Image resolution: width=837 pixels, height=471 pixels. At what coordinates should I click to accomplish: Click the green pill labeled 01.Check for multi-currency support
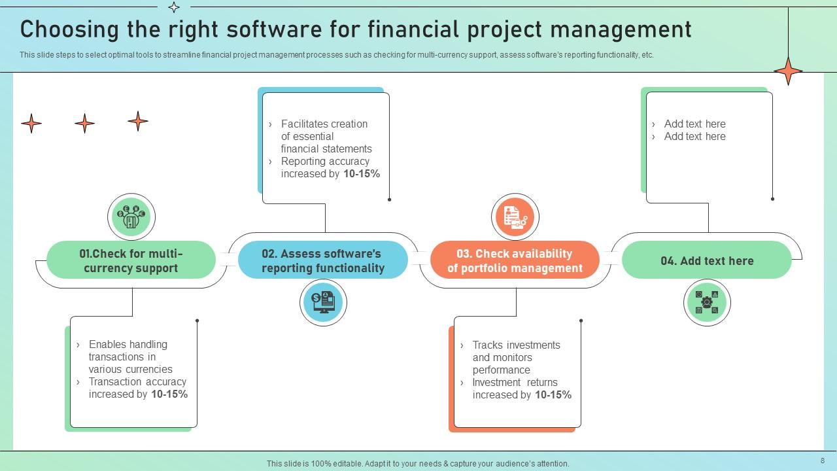coord(131,260)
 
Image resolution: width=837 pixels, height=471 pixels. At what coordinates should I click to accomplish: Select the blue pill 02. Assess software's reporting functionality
coord(323,260)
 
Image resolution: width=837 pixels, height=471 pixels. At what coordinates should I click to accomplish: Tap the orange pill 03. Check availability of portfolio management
coord(515,260)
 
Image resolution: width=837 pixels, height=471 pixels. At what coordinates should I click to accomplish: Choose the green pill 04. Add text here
coord(707,260)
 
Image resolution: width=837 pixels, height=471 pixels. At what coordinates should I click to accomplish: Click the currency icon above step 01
coord(131,217)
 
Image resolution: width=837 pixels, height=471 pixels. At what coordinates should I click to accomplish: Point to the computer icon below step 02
coord(323,302)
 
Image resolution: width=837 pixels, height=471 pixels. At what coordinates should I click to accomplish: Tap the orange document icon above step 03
coord(515,217)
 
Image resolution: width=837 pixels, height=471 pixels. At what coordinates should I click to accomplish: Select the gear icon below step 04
coord(707,302)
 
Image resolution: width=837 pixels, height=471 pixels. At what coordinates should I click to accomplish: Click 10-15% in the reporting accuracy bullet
coord(362,174)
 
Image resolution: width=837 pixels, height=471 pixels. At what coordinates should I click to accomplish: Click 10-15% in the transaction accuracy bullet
coord(169,394)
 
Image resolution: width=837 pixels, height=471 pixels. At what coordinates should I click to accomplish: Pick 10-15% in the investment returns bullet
coord(553,395)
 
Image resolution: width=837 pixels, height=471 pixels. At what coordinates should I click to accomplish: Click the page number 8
coord(823,461)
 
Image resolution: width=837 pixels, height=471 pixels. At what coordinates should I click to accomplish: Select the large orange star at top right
coord(788,71)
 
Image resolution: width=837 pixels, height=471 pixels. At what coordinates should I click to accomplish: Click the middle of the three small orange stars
coord(84,123)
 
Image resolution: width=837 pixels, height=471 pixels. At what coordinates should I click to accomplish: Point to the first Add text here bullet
coord(694,124)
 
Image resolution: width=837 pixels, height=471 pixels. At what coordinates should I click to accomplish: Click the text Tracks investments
coord(516,345)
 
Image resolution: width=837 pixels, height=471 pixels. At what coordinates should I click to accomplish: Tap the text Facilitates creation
coord(324,124)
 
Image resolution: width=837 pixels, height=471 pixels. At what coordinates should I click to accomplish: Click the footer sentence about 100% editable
coord(418,463)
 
